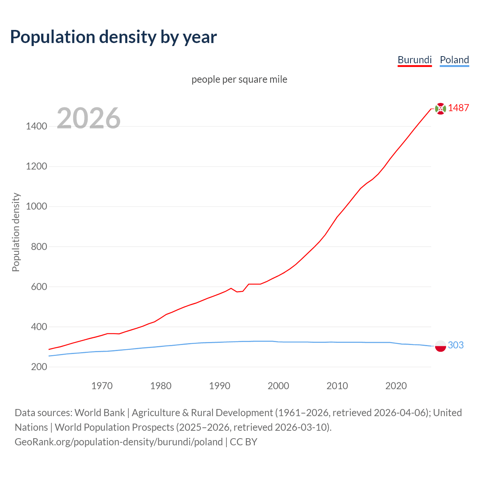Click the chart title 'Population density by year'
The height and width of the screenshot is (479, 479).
tap(113, 37)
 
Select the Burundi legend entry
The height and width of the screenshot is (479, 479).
tap(415, 60)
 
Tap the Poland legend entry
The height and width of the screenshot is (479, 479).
tap(454, 60)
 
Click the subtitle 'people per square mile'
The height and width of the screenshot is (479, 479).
tap(239, 79)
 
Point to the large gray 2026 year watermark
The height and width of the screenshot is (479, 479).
tap(89, 118)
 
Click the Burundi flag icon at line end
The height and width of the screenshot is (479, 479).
tap(440, 109)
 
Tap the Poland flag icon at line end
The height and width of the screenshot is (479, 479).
tap(440, 346)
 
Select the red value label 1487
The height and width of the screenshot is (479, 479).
tap(458, 108)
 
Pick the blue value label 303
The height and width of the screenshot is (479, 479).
tap(455, 345)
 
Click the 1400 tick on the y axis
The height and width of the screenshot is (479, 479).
tap(37, 126)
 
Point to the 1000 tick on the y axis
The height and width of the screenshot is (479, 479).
tap(37, 207)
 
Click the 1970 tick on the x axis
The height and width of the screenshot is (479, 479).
tap(102, 386)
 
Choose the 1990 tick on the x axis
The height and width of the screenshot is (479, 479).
tap(220, 386)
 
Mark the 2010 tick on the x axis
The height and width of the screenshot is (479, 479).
tap(337, 386)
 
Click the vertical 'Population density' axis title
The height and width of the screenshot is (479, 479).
tap(16, 232)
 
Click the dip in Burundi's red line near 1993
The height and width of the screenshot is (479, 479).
tap(237, 292)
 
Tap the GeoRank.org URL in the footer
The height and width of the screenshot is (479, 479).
tap(119, 442)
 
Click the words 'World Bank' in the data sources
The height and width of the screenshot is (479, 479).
tap(100, 413)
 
